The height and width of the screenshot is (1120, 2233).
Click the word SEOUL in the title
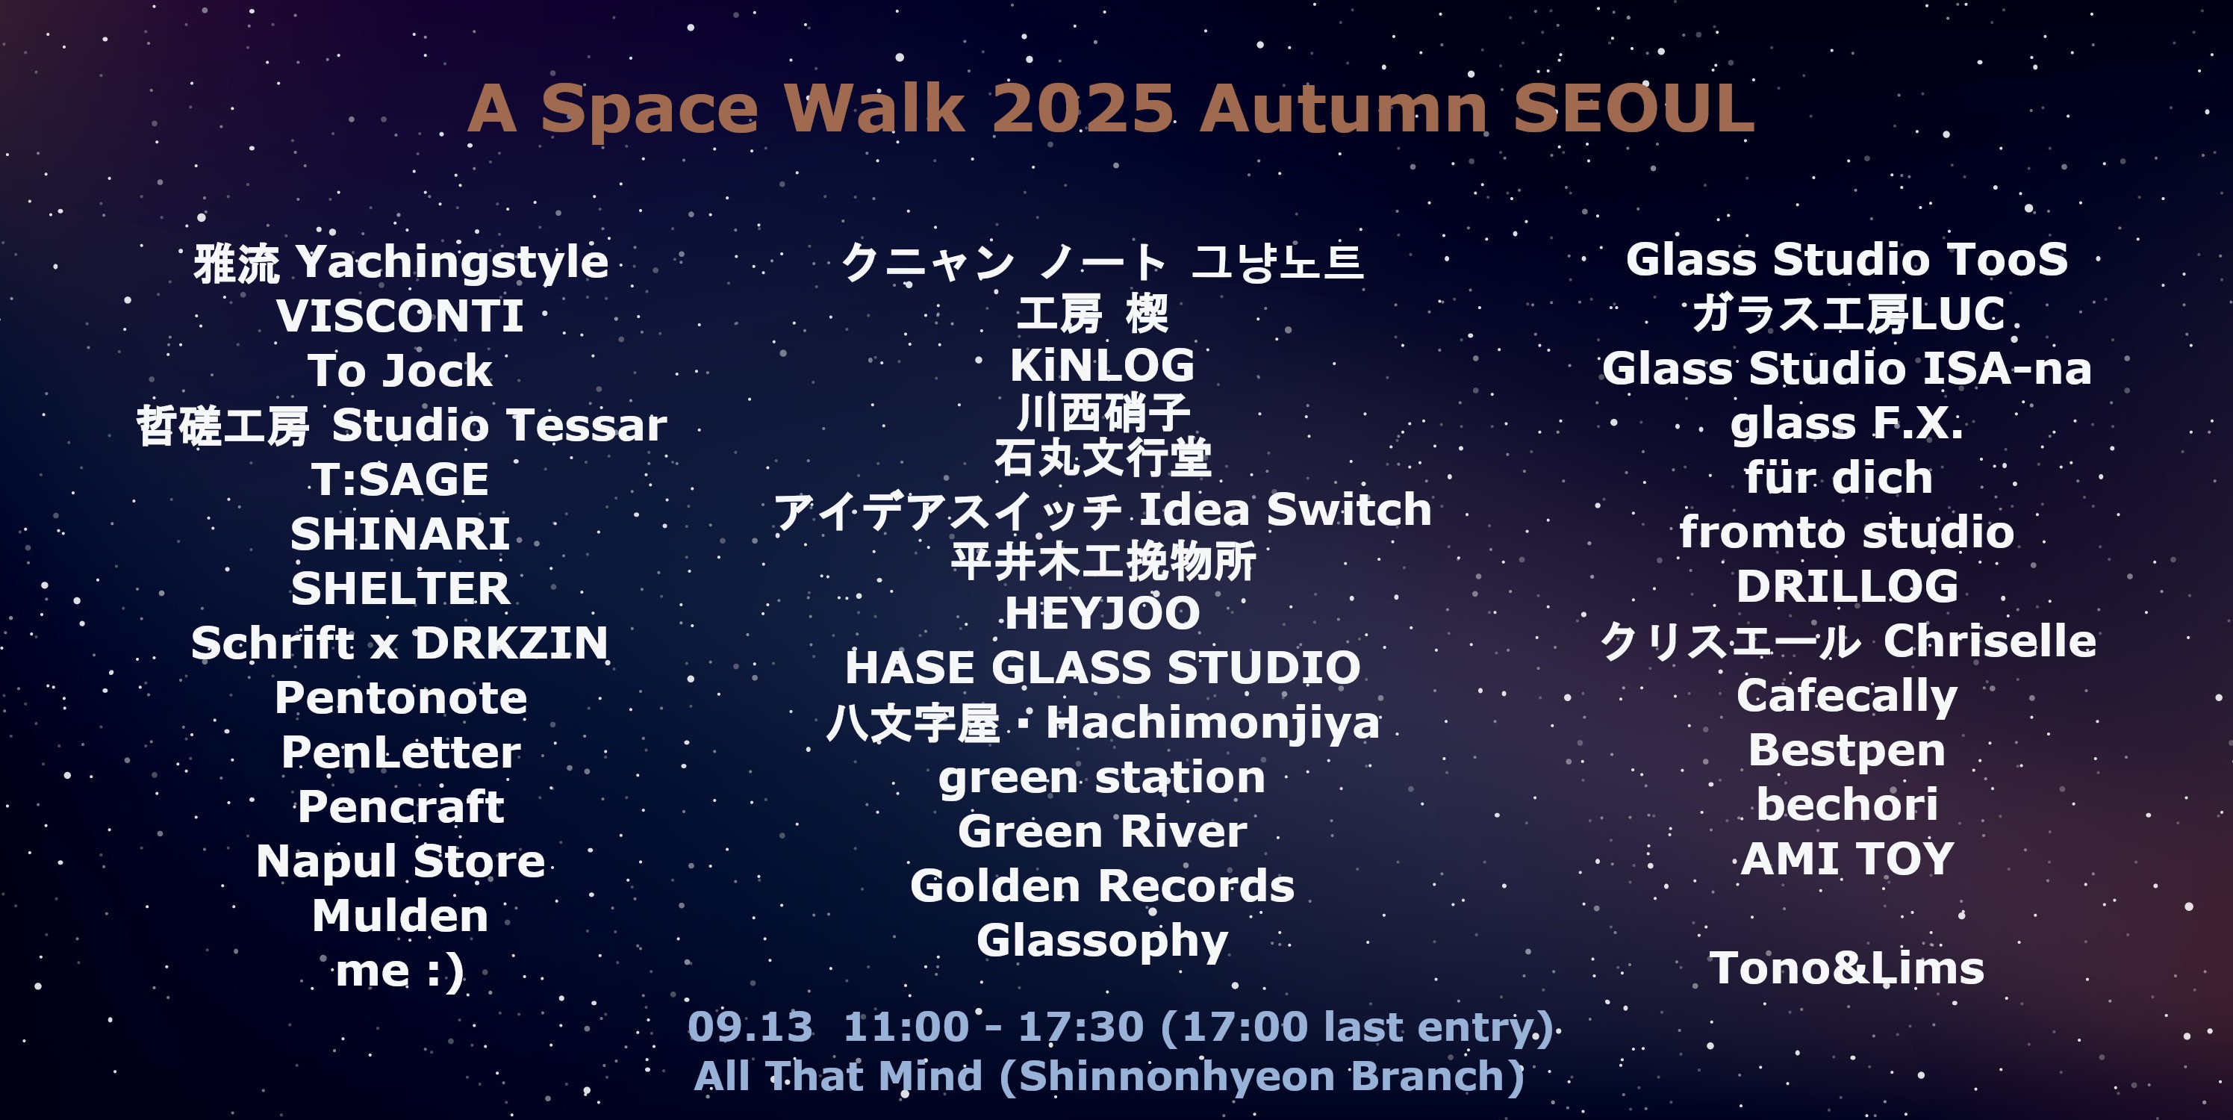click(1634, 108)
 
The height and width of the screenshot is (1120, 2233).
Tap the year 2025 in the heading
click(1083, 108)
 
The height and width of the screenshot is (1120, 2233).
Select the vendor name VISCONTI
click(399, 316)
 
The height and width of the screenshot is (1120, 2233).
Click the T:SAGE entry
click(399, 479)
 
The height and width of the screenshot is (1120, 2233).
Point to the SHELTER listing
click(399, 588)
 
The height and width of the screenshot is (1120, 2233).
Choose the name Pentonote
click(400, 698)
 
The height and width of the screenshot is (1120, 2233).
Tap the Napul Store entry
click(400, 862)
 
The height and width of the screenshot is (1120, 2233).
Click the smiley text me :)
click(399, 971)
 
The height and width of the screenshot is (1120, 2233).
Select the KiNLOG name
click(1102, 365)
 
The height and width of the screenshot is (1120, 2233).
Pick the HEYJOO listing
click(1102, 614)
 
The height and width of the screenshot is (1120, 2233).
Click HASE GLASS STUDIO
click(1103, 668)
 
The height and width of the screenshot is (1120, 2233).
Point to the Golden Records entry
click(1102, 886)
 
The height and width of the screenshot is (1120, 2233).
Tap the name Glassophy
click(1102, 942)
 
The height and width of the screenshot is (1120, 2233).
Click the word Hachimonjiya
click(1212, 724)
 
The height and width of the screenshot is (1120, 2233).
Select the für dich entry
click(1839, 478)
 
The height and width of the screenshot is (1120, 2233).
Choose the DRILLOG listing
click(1847, 587)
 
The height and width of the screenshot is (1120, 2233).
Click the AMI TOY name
click(1847, 859)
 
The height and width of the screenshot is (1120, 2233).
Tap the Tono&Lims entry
click(1846, 968)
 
